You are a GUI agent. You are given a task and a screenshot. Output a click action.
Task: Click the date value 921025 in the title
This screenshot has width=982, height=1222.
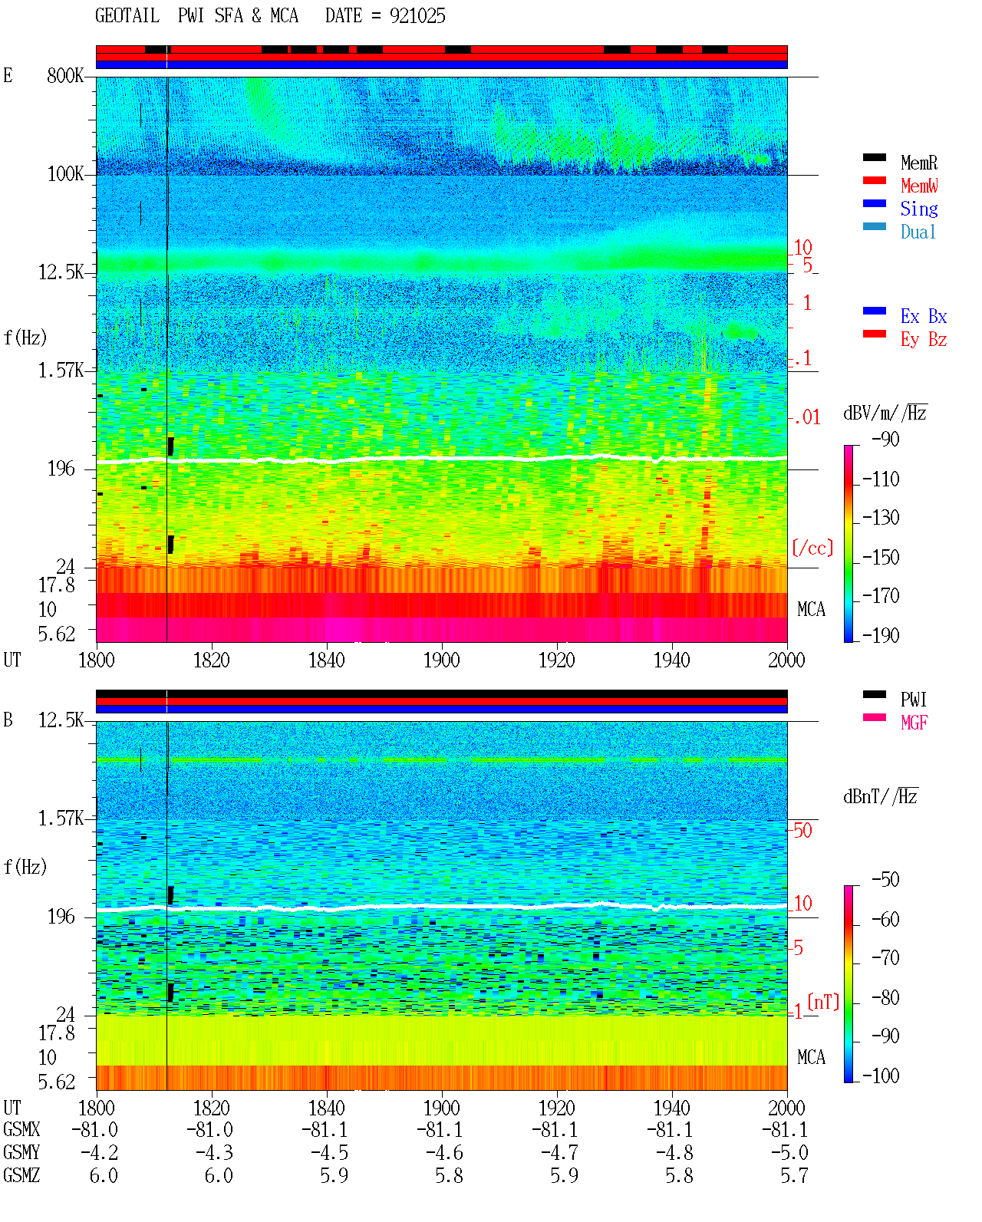[x=417, y=16]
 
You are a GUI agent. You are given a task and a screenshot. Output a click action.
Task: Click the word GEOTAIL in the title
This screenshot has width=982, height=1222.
[x=127, y=16]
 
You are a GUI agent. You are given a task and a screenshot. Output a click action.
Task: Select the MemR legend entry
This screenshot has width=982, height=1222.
[x=919, y=163]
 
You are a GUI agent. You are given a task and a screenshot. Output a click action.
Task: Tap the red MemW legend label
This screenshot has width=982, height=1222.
[x=919, y=186]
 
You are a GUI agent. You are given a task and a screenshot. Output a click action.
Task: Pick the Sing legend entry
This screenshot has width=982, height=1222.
[x=919, y=209]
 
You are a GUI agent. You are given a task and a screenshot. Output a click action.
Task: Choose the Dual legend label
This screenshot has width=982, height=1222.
[x=918, y=232]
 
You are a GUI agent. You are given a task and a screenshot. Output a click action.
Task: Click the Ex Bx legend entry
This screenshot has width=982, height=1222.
[x=924, y=316]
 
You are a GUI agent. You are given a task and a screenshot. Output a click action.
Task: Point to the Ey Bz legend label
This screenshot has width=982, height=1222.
[x=924, y=340]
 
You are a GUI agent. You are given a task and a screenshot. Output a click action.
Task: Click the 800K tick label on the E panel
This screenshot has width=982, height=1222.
[x=65, y=75]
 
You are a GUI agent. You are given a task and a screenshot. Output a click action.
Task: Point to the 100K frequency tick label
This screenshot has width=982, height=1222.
[x=65, y=174]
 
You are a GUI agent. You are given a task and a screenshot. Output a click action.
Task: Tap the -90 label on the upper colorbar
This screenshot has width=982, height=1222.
[x=885, y=439]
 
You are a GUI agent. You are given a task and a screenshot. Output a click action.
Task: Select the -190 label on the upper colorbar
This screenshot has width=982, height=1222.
[x=881, y=635]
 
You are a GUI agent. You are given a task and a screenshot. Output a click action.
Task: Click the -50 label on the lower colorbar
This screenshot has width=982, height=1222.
[x=885, y=880]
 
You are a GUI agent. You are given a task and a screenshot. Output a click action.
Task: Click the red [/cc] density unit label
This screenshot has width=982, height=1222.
[x=812, y=548]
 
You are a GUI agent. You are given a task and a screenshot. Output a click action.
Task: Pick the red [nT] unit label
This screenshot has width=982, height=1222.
[x=823, y=1002]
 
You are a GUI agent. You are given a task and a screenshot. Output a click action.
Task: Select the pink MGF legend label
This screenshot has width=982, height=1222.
[x=914, y=723]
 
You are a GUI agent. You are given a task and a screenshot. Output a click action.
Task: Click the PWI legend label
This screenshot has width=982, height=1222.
[x=913, y=700]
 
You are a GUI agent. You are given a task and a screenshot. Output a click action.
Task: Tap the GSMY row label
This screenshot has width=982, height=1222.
[x=21, y=1152]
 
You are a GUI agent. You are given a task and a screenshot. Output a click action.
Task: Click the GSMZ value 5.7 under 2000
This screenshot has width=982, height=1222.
[x=794, y=1175]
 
